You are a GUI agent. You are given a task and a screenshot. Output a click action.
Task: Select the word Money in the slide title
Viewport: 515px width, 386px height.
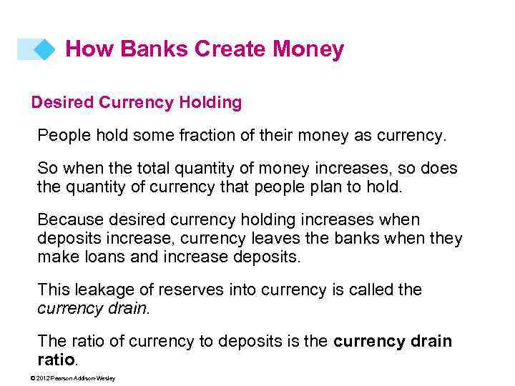coord(308,49)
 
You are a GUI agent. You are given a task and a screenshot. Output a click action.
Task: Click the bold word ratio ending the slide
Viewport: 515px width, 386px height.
coord(56,359)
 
